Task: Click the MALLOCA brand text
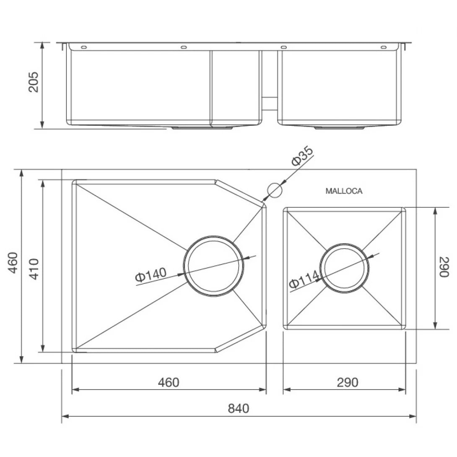[344, 191]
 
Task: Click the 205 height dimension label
[34, 82]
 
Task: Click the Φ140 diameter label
[151, 275]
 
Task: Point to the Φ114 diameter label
[304, 280]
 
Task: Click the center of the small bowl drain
[345, 267]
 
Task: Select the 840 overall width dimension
[238, 408]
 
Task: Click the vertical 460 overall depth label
[13, 263]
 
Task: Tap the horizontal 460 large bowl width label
[169, 382]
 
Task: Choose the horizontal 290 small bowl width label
[348, 382]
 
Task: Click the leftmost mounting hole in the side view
[83, 47]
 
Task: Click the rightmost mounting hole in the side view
[383, 47]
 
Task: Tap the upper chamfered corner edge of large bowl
[240, 193]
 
